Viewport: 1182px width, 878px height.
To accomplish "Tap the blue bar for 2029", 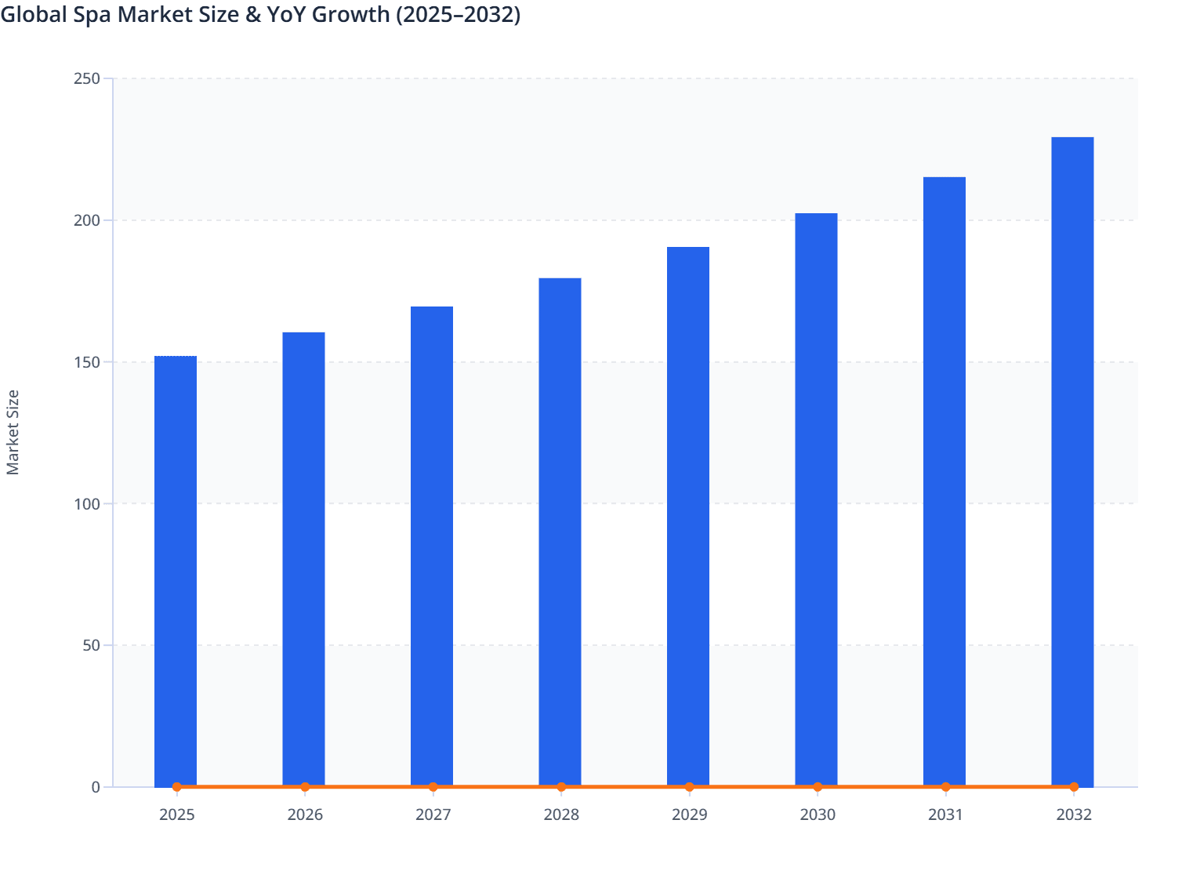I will pos(688,517).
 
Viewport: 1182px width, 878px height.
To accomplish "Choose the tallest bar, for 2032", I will pos(1072,462).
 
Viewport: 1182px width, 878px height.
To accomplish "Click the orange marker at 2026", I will pos(305,786).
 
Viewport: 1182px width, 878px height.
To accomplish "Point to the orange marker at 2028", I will pos(561,786).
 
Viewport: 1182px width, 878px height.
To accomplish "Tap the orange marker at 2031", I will pos(945,786).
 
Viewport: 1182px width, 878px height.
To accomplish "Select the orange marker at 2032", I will pos(1074,786).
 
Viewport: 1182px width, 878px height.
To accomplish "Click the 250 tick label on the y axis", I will pos(86,78).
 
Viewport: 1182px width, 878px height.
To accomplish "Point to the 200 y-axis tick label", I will pos(86,220).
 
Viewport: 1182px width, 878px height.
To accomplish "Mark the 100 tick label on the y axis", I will pos(86,503).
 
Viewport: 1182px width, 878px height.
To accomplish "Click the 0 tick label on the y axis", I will pos(96,787).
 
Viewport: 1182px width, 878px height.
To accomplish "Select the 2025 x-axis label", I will pos(176,815).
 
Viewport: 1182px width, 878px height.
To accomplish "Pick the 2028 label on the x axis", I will pos(561,815).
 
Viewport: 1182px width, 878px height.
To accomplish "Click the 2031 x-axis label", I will pos(945,815).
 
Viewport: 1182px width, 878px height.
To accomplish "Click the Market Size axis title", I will pos(13,432).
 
